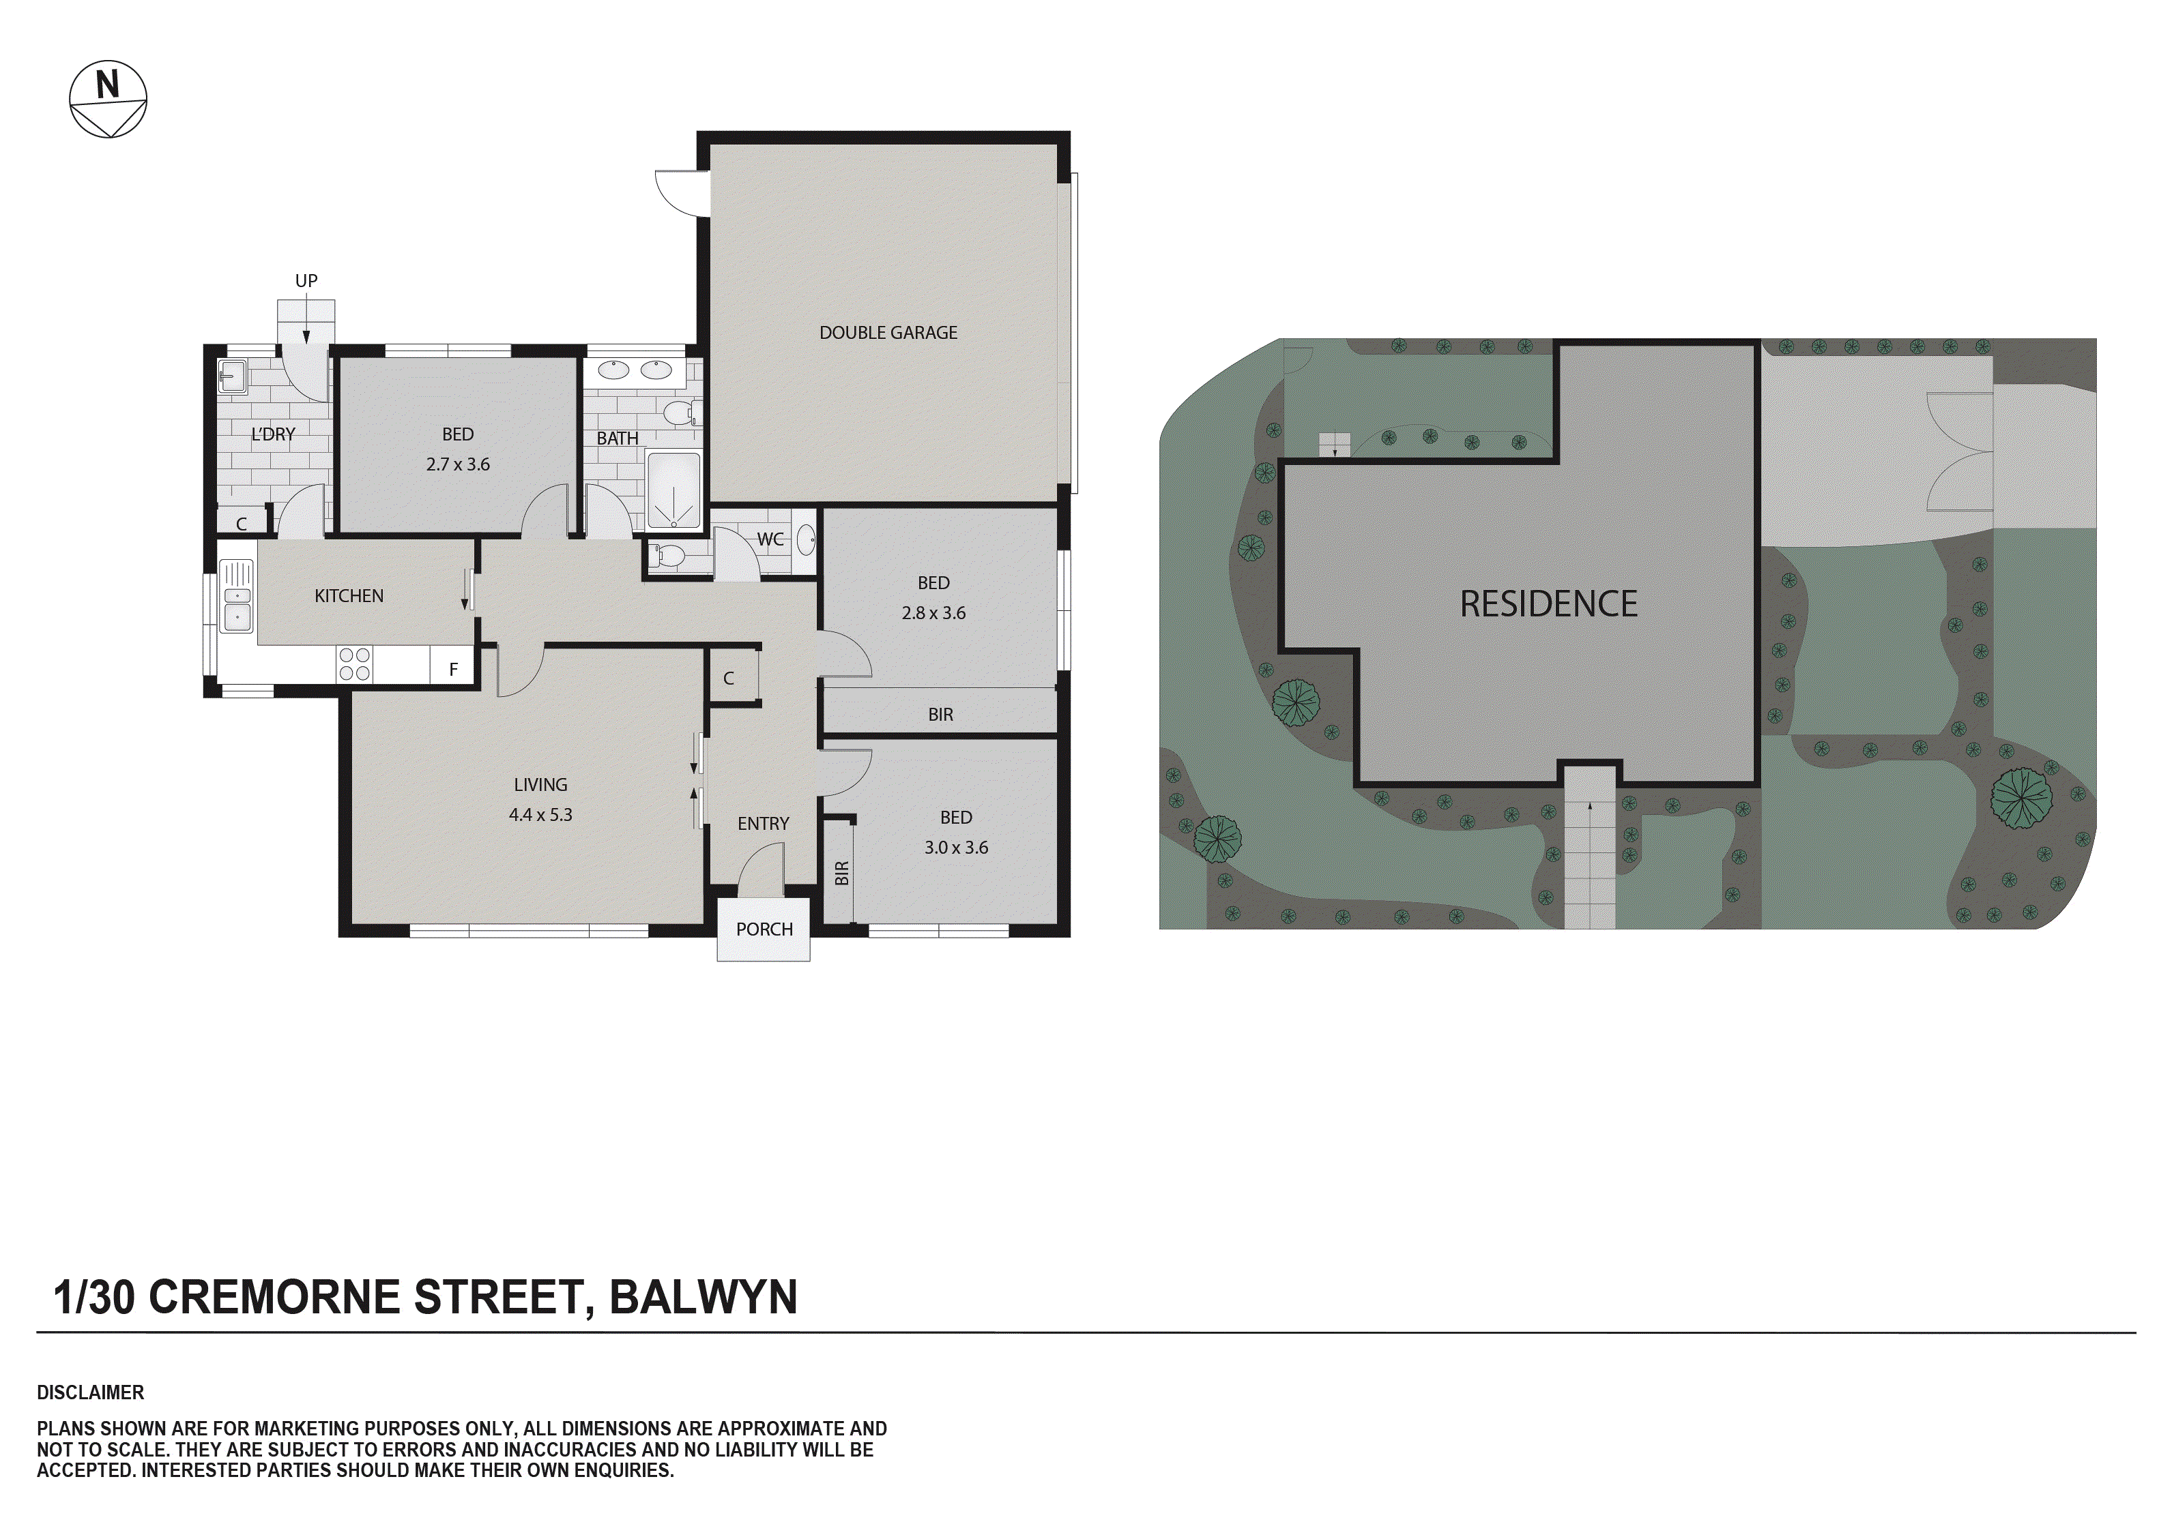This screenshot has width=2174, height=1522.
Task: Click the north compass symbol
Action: (x=108, y=100)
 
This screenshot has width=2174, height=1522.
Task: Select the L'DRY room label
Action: (x=273, y=434)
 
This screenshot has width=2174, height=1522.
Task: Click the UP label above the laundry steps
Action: (x=306, y=281)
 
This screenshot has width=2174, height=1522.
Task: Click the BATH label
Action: (x=618, y=438)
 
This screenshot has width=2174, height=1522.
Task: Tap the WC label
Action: (x=770, y=539)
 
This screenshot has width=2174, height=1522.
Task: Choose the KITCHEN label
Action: (x=349, y=595)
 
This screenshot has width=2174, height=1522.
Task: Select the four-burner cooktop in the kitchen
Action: (x=354, y=663)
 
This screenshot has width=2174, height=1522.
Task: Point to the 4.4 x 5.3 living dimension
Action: (x=540, y=815)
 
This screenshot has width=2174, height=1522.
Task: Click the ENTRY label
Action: (x=762, y=824)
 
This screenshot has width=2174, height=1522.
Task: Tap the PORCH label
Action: (x=764, y=929)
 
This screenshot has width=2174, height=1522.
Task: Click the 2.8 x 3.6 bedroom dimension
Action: (x=933, y=613)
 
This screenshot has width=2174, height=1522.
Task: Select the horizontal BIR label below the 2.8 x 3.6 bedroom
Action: (x=940, y=715)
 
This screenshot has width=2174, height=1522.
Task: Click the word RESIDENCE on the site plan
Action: (x=1548, y=604)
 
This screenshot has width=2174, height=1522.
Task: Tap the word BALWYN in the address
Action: (x=703, y=1297)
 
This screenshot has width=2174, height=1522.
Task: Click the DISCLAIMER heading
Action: (x=90, y=1392)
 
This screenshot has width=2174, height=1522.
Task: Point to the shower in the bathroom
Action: (x=673, y=490)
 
